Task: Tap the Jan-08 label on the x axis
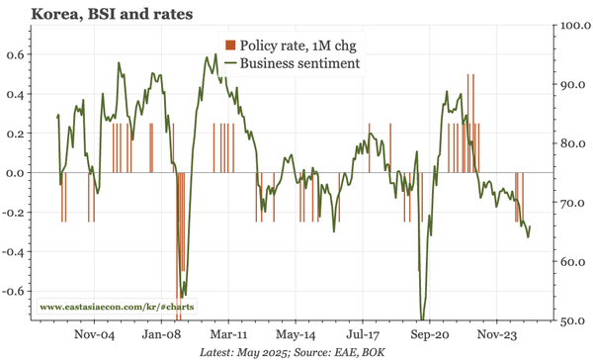167,335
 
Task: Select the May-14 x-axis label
296,335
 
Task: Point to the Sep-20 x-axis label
430,335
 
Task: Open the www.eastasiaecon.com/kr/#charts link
116,308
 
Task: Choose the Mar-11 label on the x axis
230,335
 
